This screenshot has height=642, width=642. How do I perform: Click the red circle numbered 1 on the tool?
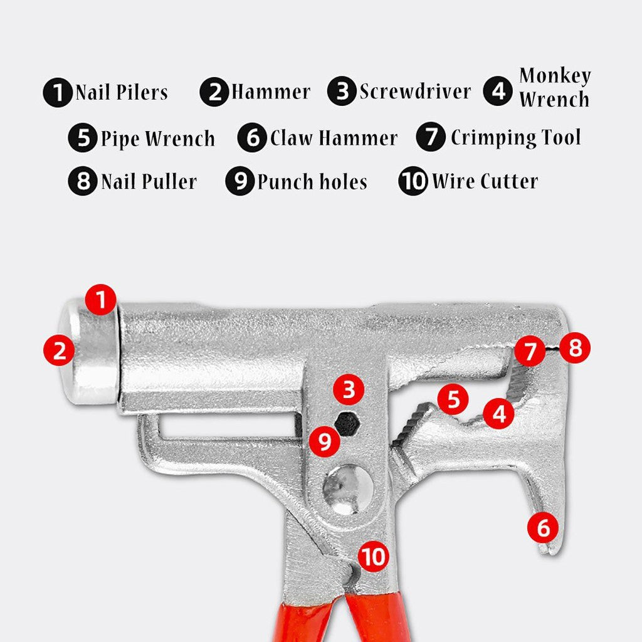(x=101, y=299)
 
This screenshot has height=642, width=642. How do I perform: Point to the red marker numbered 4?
(x=498, y=413)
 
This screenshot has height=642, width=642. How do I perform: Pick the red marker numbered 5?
(x=453, y=398)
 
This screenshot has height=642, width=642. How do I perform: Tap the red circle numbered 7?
(x=530, y=350)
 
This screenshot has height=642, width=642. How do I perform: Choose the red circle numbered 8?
(x=575, y=347)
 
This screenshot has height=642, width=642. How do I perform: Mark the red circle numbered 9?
(x=324, y=441)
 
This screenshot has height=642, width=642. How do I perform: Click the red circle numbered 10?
(x=374, y=557)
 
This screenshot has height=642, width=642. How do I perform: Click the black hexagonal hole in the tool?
(x=347, y=423)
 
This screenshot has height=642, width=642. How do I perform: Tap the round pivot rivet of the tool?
(x=348, y=489)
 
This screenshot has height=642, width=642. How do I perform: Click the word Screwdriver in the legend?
(x=415, y=92)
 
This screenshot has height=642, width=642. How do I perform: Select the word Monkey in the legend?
(x=555, y=75)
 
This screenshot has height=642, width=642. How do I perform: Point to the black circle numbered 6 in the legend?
(x=252, y=137)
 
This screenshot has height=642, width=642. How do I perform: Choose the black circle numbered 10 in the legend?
(x=413, y=181)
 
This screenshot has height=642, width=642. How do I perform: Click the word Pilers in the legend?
(x=142, y=92)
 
